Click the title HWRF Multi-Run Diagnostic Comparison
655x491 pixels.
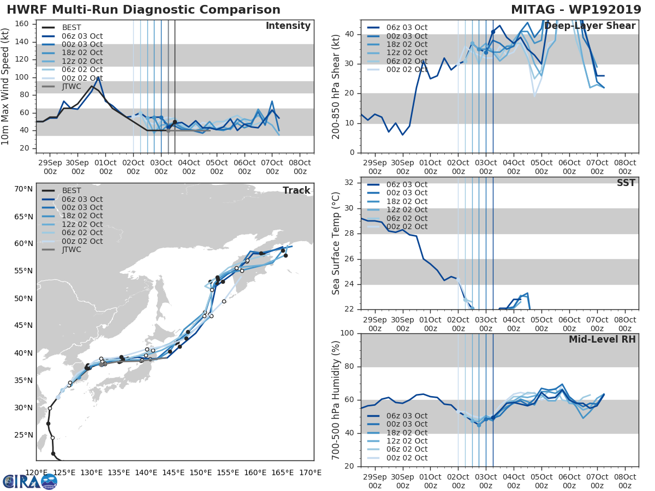pyautogui.click(x=144, y=10)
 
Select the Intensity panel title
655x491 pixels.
pyautogui.click(x=288, y=26)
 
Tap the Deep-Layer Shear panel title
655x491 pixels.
pyautogui.click(x=589, y=26)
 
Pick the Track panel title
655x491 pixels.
pyautogui.click(x=296, y=190)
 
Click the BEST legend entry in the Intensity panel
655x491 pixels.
pyautogui.click(x=72, y=27)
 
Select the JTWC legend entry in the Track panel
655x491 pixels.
pyautogui.click(x=72, y=250)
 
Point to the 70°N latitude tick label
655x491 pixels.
pyautogui.click(x=23, y=189)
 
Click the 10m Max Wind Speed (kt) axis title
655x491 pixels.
pyautogui.click(x=6, y=87)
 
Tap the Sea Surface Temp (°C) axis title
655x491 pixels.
pyautogui.click(x=335, y=243)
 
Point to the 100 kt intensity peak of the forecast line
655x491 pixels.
pyautogui.click(x=98, y=77)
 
